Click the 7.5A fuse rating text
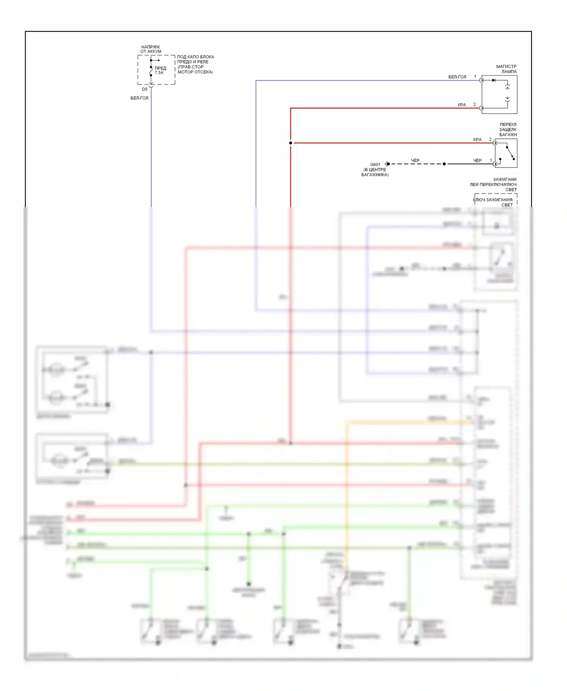[x=159, y=73]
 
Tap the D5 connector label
[x=145, y=90]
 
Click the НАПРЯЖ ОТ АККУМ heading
[x=151, y=49]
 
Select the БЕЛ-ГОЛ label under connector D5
[x=139, y=98]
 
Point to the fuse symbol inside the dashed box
[x=151, y=71]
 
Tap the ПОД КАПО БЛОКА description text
[x=195, y=64]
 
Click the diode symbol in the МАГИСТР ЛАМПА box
[x=494, y=80]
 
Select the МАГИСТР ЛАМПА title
[x=507, y=69]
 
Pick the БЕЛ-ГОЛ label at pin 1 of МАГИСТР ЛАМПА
[x=457, y=77]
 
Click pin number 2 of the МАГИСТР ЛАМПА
[x=475, y=104]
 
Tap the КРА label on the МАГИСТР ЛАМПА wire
[x=462, y=105]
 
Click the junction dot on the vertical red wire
[x=291, y=143]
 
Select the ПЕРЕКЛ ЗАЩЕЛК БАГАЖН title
[x=508, y=129]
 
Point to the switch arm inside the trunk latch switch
[x=510, y=153]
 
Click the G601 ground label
[x=375, y=164]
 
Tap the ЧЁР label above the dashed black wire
[x=415, y=161]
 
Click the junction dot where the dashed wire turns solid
[x=444, y=164]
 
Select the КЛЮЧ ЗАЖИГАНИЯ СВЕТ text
[x=493, y=202]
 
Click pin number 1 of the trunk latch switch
[x=491, y=160]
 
